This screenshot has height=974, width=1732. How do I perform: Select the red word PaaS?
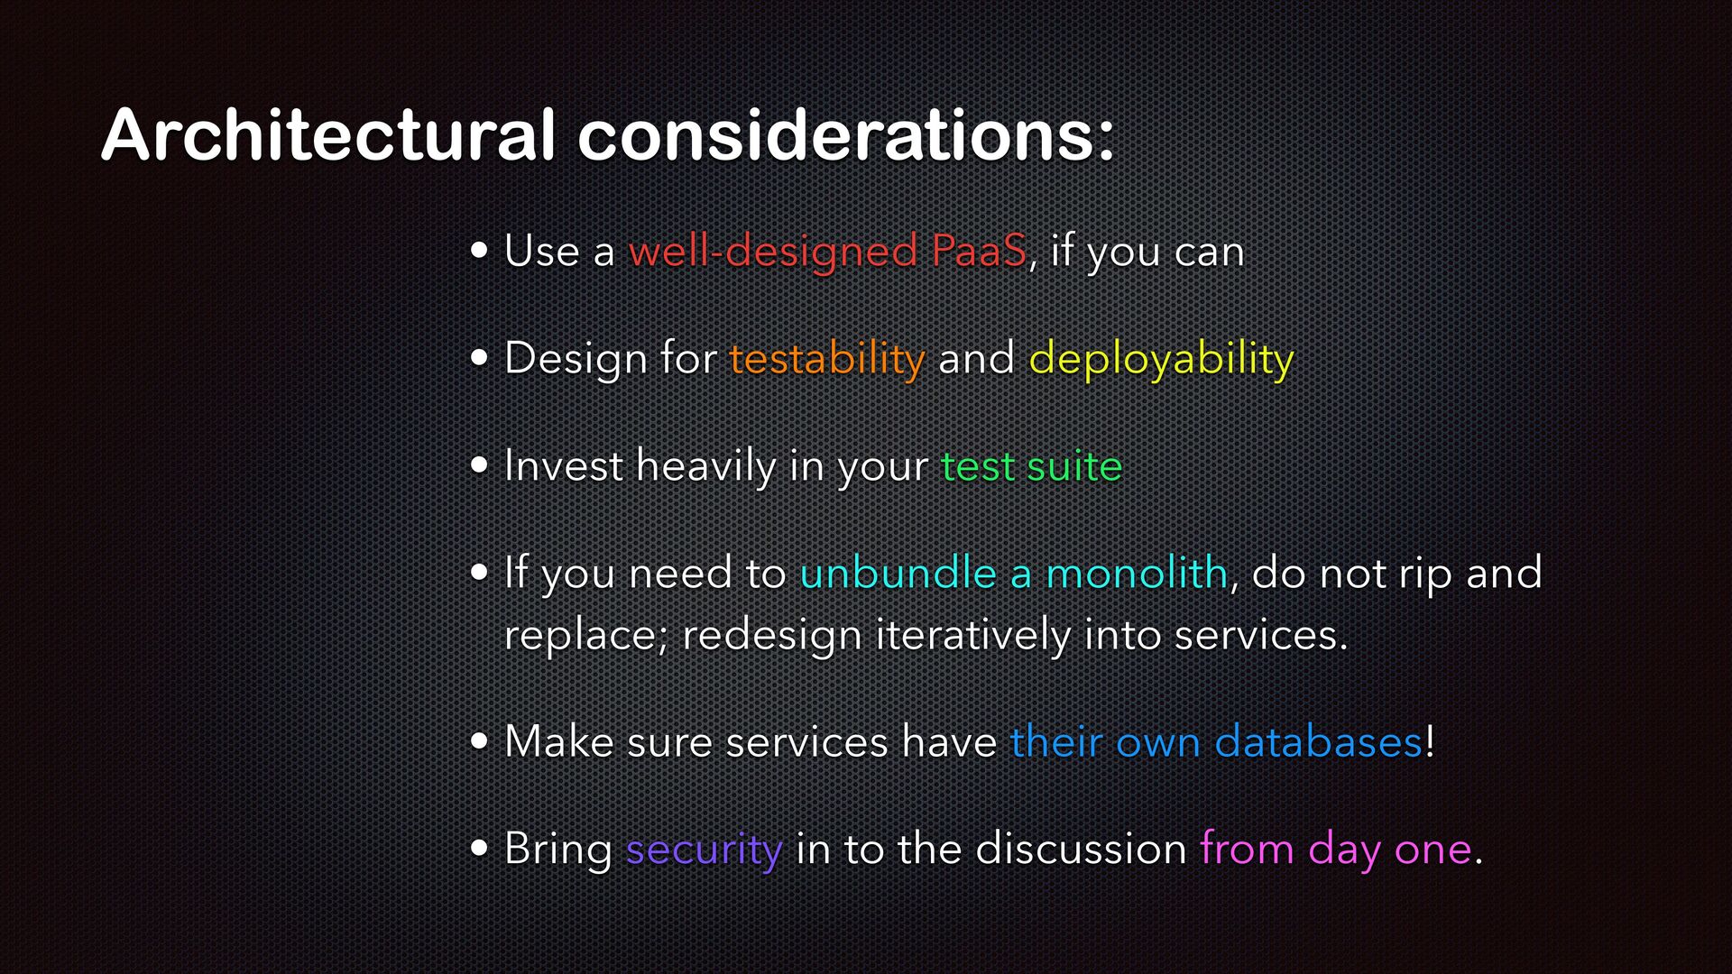coord(979,251)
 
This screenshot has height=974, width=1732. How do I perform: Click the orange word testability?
coord(827,359)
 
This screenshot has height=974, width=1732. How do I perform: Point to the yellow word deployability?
coord(1161,359)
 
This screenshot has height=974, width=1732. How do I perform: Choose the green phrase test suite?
coord(1031,466)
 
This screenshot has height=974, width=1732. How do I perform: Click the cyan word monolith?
coord(1137,573)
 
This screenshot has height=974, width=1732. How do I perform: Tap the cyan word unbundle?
coord(898,573)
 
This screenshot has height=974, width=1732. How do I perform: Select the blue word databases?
coord(1319,741)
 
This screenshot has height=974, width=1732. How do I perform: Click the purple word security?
coord(704,850)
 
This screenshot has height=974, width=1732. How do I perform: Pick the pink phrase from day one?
coord(1336,850)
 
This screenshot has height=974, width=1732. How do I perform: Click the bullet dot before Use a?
coord(480,251)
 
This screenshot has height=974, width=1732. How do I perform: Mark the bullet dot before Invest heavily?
coord(480,466)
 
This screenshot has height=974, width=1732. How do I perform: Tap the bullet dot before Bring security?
coord(480,849)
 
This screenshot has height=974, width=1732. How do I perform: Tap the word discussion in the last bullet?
coord(1081,849)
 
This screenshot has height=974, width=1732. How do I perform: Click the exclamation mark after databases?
coord(1430,741)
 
